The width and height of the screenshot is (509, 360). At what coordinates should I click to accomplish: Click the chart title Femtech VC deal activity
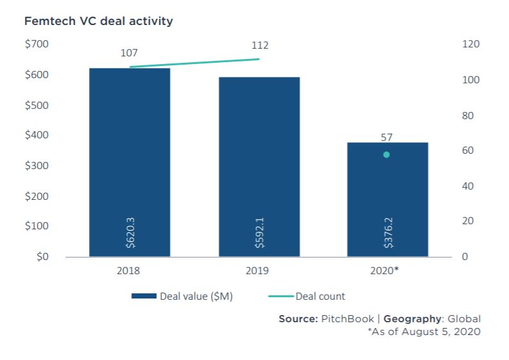coord(98,21)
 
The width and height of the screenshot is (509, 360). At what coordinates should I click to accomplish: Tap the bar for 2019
coord(259,167)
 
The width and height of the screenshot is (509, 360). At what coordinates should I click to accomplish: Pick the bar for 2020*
coord(387,199)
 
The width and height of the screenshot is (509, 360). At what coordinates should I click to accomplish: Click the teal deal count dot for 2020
coord(386,155)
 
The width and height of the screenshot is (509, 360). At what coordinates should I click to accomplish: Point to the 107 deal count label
coord(129,53)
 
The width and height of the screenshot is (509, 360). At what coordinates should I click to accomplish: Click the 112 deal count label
coord(260,45)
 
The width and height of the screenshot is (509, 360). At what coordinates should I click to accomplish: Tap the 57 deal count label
coord(386,137)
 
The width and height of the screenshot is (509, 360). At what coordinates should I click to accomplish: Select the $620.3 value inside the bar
coord(130,231)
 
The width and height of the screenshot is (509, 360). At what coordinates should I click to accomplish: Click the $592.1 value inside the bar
coord(260,231)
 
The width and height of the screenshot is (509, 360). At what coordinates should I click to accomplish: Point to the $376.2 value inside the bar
coord(388,231)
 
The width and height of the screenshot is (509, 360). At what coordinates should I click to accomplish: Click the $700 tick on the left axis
coord(36,44)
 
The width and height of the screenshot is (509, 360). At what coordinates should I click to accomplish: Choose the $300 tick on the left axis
coord(36,166)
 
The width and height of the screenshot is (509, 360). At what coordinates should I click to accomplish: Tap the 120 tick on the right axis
coord(470,44)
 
